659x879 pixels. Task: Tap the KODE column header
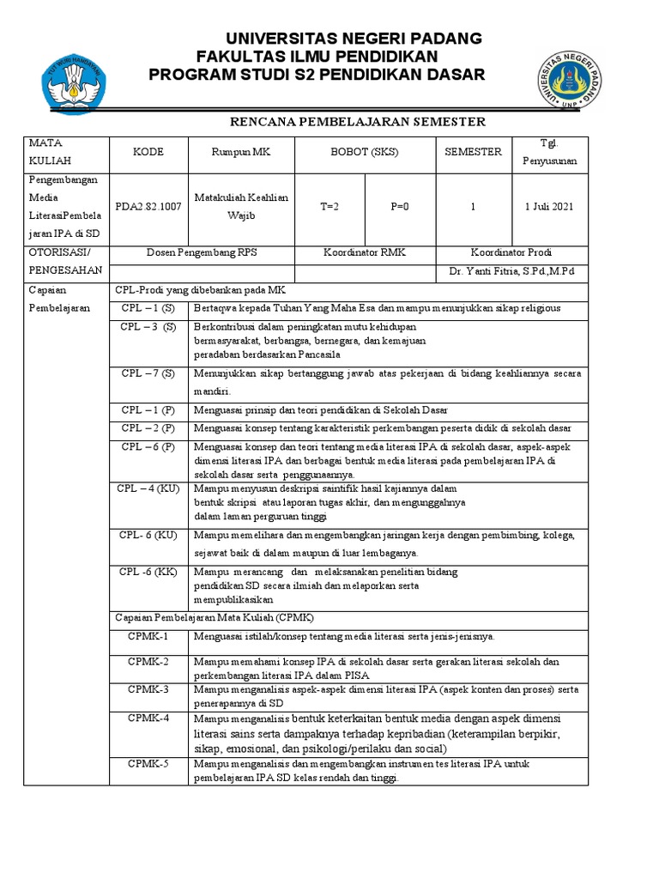(148, 152)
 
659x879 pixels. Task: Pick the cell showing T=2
(330, 207)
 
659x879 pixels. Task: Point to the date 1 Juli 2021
(549, 207)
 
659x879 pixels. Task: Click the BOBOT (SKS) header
(365, 152)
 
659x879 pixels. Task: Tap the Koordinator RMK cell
(365, 252)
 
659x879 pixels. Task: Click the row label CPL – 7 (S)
(148, 373)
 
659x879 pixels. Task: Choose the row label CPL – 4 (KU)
(148, 488)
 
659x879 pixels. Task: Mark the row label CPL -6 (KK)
(148, 572)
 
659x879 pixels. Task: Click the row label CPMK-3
(148, 689)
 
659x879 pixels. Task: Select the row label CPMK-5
(148, 763)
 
